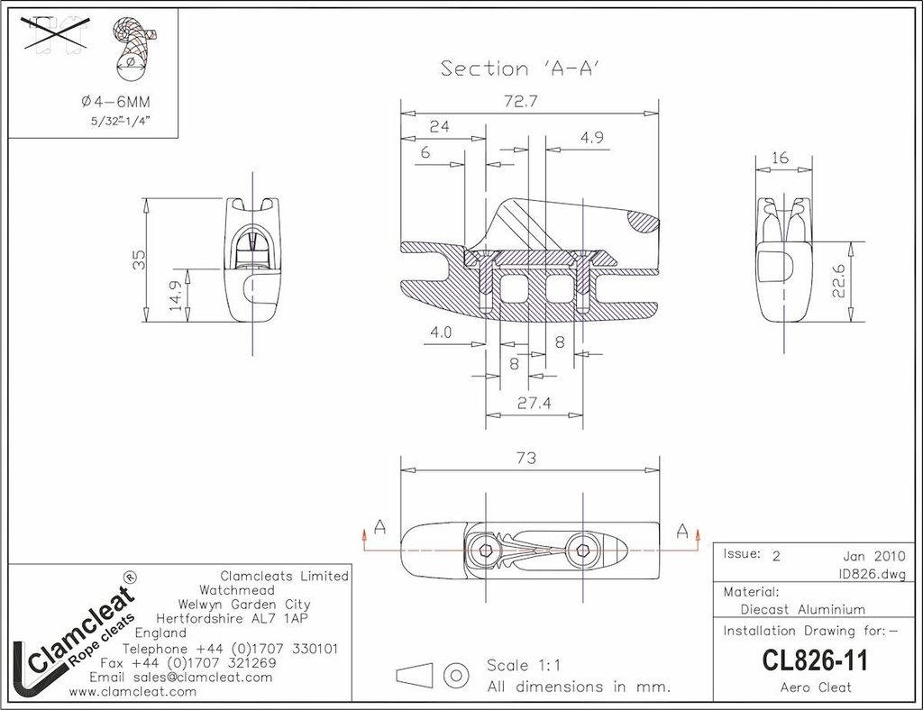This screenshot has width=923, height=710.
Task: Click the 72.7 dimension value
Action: click(x=521, y=101)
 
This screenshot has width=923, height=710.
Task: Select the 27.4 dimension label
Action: click(x=535, y=403)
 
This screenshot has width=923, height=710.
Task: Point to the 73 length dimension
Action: click(x=526, y=458)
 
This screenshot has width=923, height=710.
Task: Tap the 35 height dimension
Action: click(x=138, y=259)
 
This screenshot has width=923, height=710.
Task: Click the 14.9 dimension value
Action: click(x=176, y=295)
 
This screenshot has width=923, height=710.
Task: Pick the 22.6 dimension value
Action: click(x=840, y=280)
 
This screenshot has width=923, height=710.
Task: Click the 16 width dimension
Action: click(x=780, y=158)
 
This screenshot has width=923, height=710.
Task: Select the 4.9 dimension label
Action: click(x=592, y=137)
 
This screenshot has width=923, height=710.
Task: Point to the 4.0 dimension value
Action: click(x=440, y=332)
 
